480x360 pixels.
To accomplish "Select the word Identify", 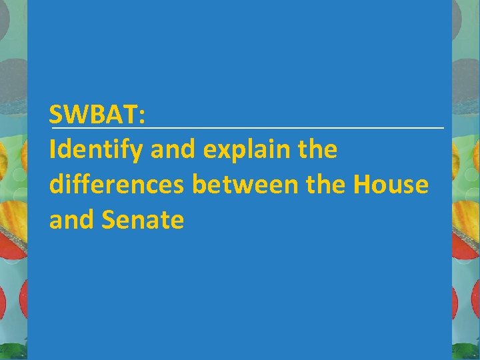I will click(96, 151).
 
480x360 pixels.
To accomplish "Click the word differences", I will click(117, 185).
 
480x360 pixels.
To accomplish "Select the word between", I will click(236, 185).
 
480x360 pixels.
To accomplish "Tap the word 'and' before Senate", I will click(71, 219).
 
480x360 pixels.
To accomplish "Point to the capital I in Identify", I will click(53, 151).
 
